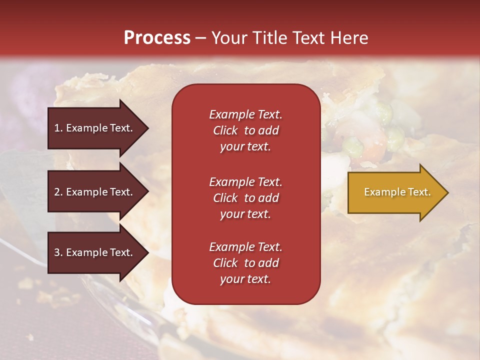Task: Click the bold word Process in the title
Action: [x=157, y=38]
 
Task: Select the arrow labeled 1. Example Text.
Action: [x=95, y=128]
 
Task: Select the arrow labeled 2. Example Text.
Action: [x=95, y=192]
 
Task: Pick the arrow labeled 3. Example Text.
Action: [x=95, y=252]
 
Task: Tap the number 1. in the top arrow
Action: [x=58, y=128]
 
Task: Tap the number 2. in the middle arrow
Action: [x=58, y=192]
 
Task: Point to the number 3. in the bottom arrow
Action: [x=58, y=252]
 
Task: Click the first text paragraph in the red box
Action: [x=245, y=130]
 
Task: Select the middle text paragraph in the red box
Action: [x=245, y=198]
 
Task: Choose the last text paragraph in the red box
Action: [x=245, y=263]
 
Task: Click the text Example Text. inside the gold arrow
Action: [x=397, y=192]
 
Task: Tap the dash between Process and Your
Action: [x=200, y=38]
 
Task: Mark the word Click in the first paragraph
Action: [x=225, y=131]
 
